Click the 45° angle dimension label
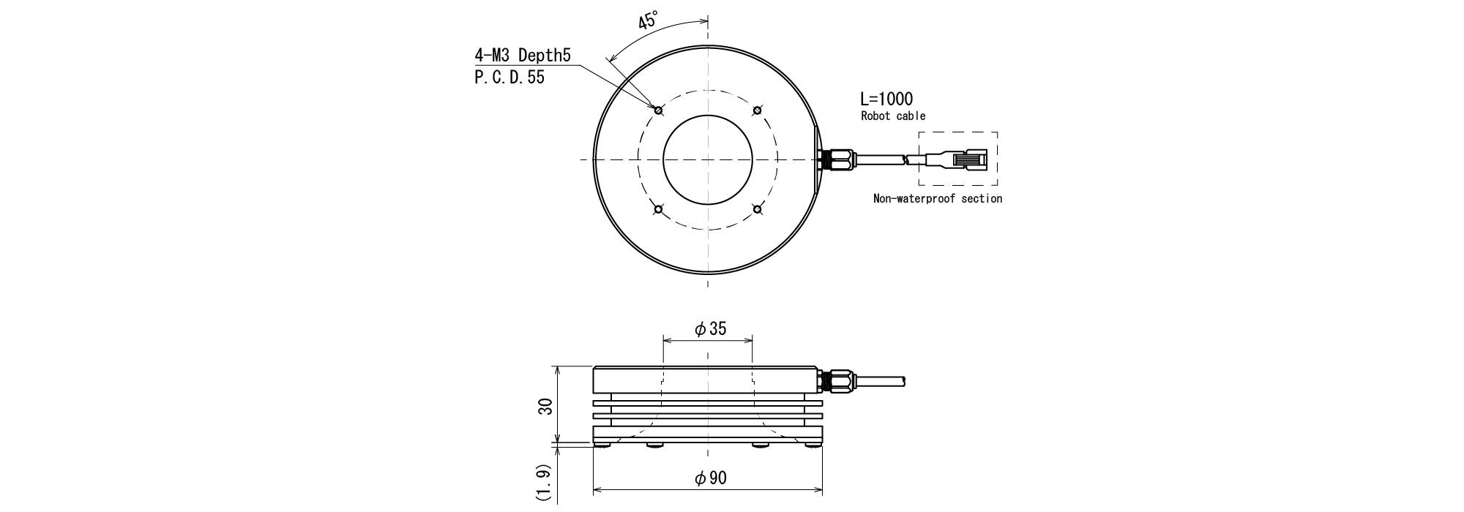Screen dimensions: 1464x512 click(x=649, y=20)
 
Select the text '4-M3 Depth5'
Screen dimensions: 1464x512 click(x=522, y=56)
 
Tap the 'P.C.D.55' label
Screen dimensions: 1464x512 click(x=509, y=78)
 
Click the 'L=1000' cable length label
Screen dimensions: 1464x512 click(x=887, y=99)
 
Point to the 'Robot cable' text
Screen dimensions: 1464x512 click(x=893, y=116)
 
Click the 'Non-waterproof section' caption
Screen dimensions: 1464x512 click(x=938, y=198)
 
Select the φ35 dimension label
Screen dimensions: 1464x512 click(x=710, y=329)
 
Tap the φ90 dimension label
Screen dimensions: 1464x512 click(x=710, y=478)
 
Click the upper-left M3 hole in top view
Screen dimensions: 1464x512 click(x=659, y=110)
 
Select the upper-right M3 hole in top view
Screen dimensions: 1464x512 click(x=758, y=110)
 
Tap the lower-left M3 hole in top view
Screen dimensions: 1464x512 click(x=659, y=210)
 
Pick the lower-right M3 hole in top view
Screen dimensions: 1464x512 click(x=758, y=210)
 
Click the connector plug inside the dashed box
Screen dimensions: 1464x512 click(x=956, y=159)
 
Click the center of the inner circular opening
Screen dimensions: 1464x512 click(x=708, y=159)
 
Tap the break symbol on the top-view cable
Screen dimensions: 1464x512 click(x=907, y=159)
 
